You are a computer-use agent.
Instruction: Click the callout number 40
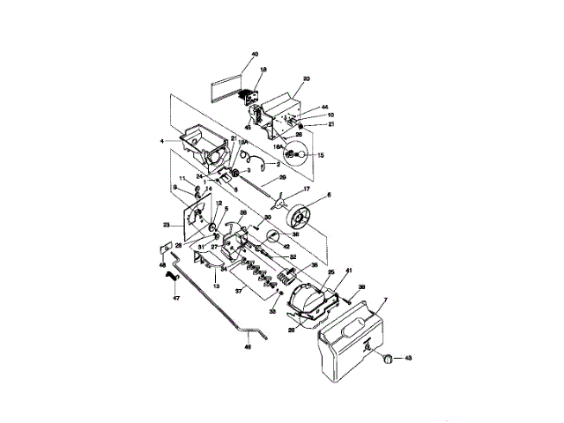pyautogui.click(x=255, y=56)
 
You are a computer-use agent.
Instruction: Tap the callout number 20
pyautogui.click(x=307, y=78)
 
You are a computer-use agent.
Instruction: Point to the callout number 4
pyautogui.click(x=161, y=141)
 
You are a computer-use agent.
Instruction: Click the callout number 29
pyautogui.click(x=282, y=178)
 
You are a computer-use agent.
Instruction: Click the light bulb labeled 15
pyautogui.click(x=301, y=156)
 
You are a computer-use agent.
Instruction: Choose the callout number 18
pyautogui.click(x=263, y=69)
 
